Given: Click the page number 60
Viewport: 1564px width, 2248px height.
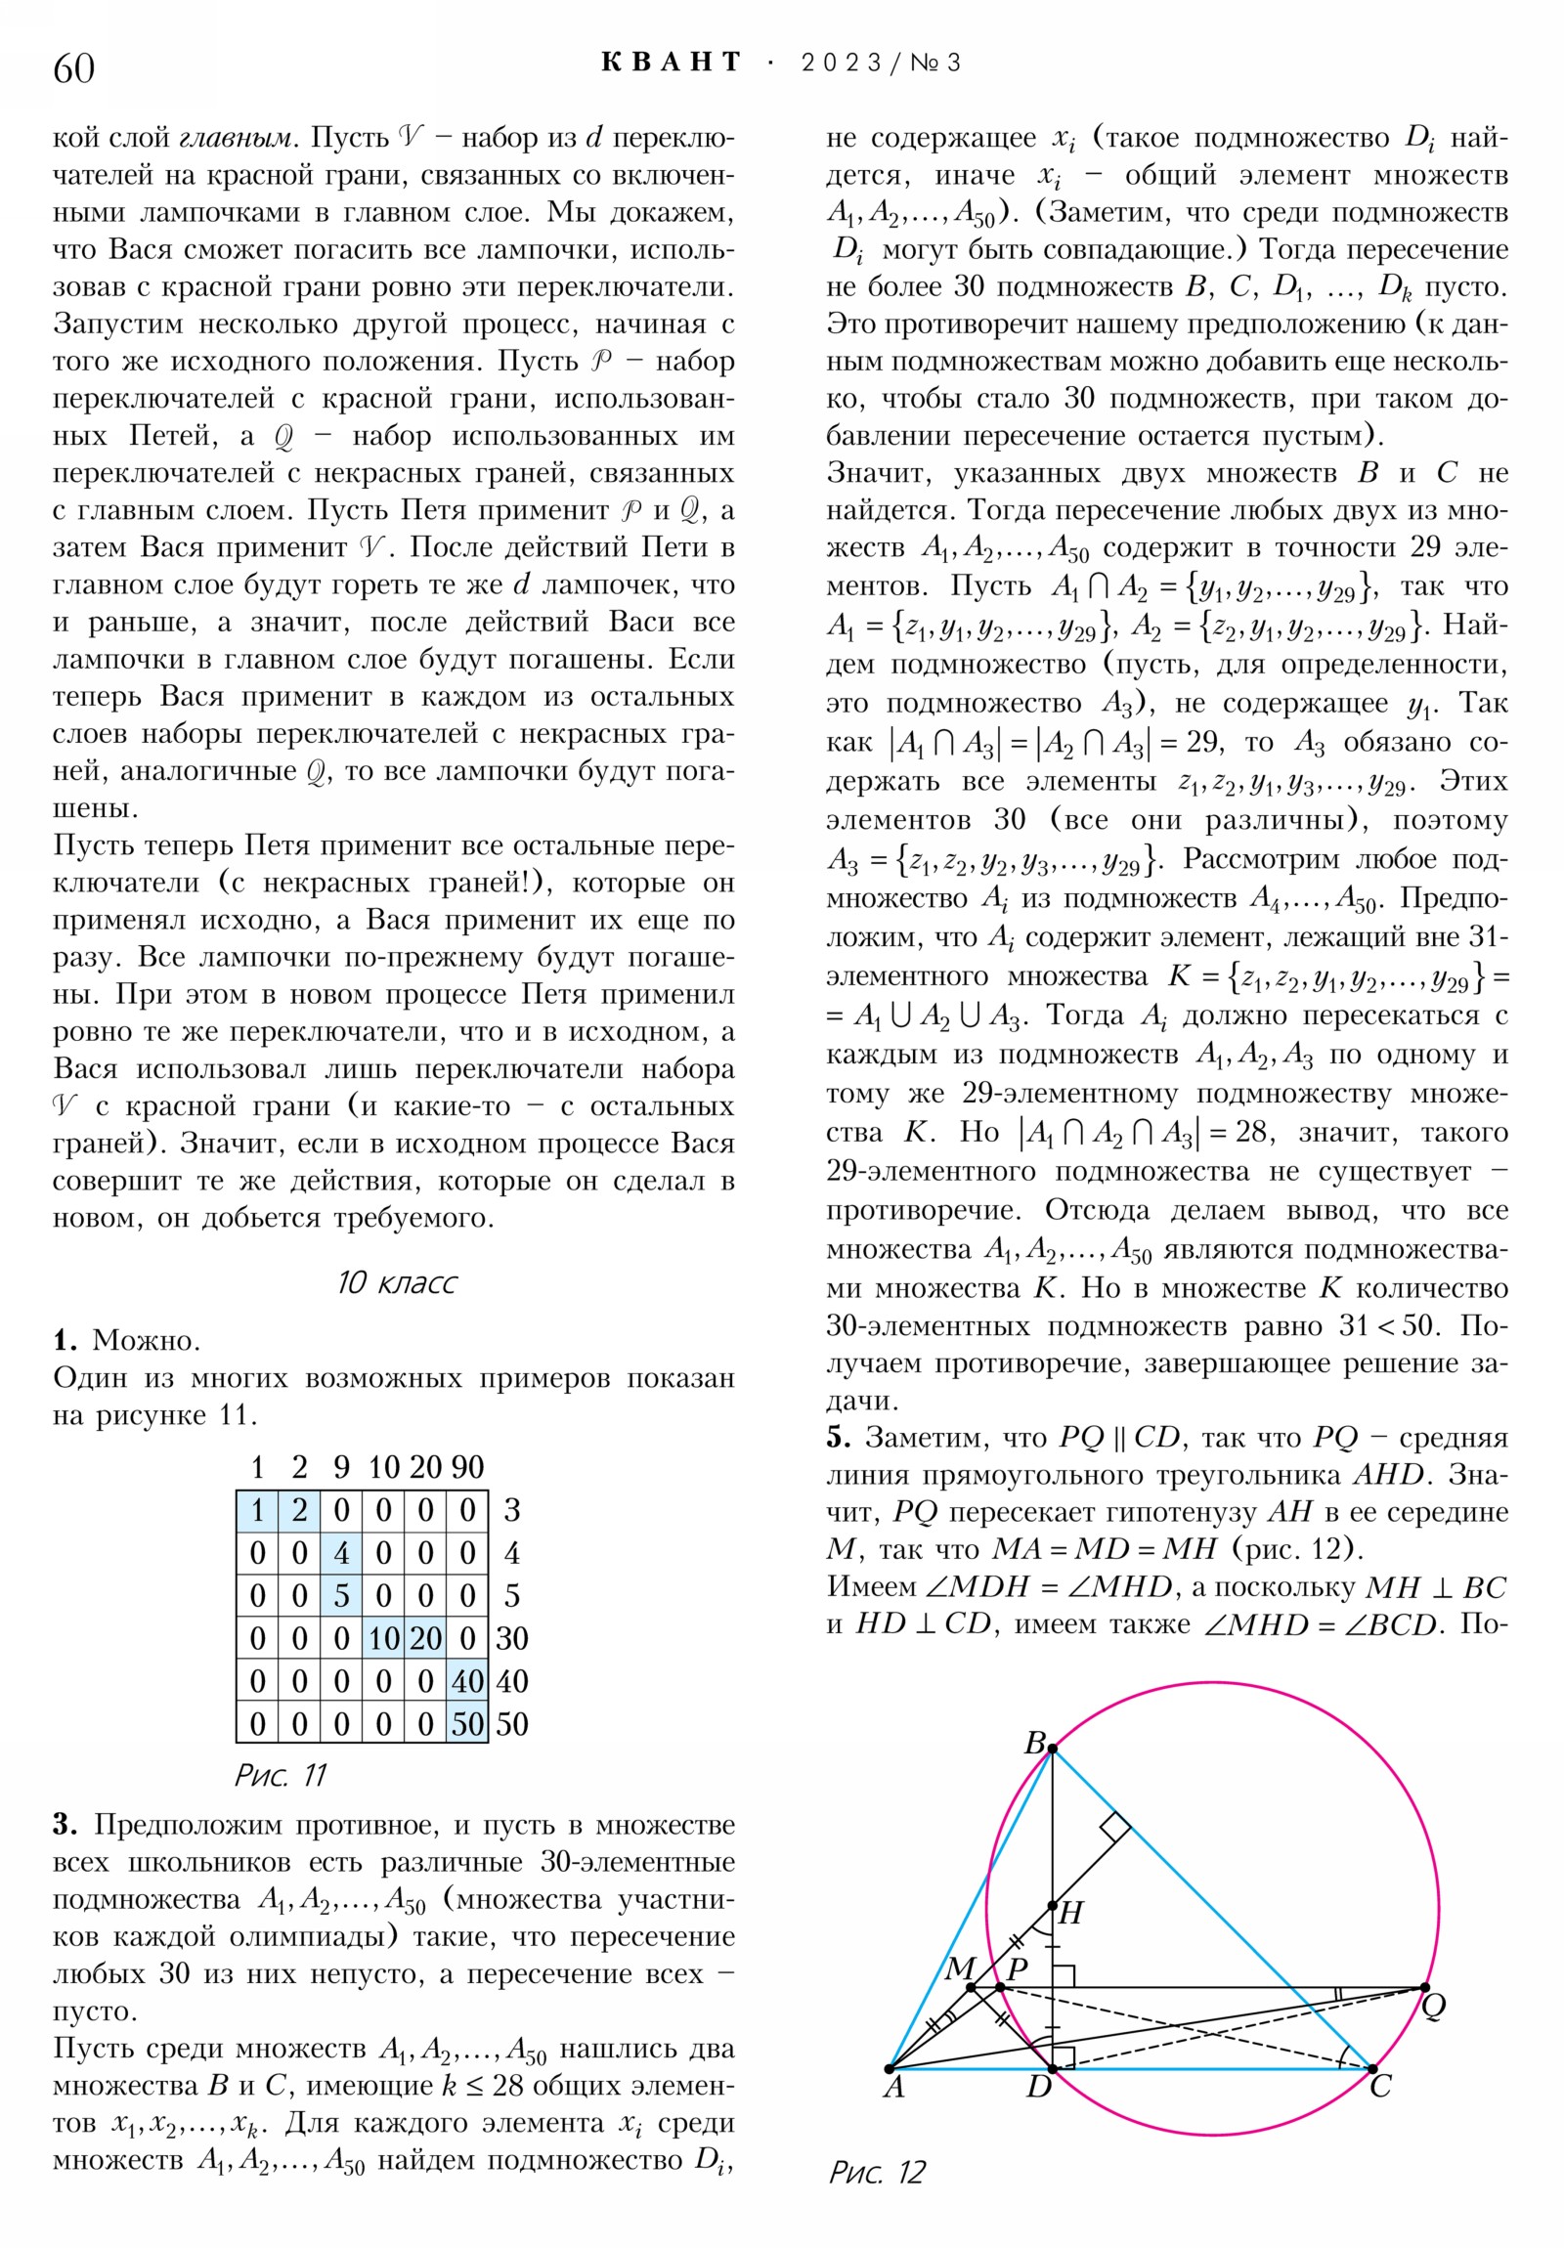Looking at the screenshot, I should click(x=73, y=67).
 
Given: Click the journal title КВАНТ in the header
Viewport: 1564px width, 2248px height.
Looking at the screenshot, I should click(x=671, y=63).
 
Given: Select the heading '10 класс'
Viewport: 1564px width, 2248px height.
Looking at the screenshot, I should click(x=396, y=1282).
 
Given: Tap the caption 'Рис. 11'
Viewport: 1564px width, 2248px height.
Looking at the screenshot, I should click(x=281, y=1775).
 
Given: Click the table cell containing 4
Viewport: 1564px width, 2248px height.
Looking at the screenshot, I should click(x=341, y=1554).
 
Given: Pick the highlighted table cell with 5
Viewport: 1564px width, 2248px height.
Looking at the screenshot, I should click(x=341, y=1596).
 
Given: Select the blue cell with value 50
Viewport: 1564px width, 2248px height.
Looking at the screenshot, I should click(x=467, y=1724).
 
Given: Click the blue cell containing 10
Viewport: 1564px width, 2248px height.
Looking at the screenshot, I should click(x=383, y=1639).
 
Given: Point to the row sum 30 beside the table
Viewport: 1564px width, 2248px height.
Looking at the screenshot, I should click(x=511, y=1639).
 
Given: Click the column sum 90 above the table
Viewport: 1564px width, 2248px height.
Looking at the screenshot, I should click(x=467, y=1467).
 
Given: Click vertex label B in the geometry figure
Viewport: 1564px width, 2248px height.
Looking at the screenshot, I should click(x=1034, y=1744).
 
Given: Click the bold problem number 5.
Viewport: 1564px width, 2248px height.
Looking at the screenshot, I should click(x=838, y=1439).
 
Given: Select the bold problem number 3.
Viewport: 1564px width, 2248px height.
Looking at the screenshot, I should click(x=65, y=1824).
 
